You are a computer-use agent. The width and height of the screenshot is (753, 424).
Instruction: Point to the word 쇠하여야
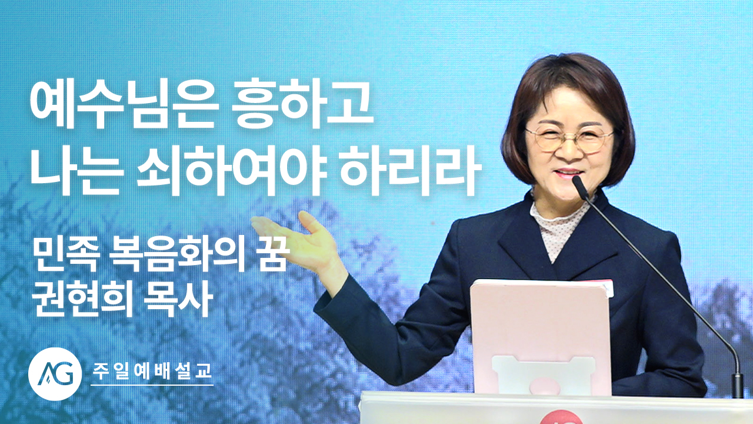232,171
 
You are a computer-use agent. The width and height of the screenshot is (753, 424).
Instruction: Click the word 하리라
408,171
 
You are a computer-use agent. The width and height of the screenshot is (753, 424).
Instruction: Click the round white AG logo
55,374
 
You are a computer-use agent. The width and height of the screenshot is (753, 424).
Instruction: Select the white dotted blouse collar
561,226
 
